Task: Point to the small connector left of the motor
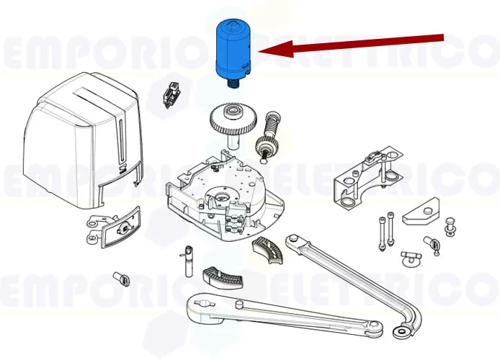pos(170,95)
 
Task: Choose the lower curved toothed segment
pos(219,276)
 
